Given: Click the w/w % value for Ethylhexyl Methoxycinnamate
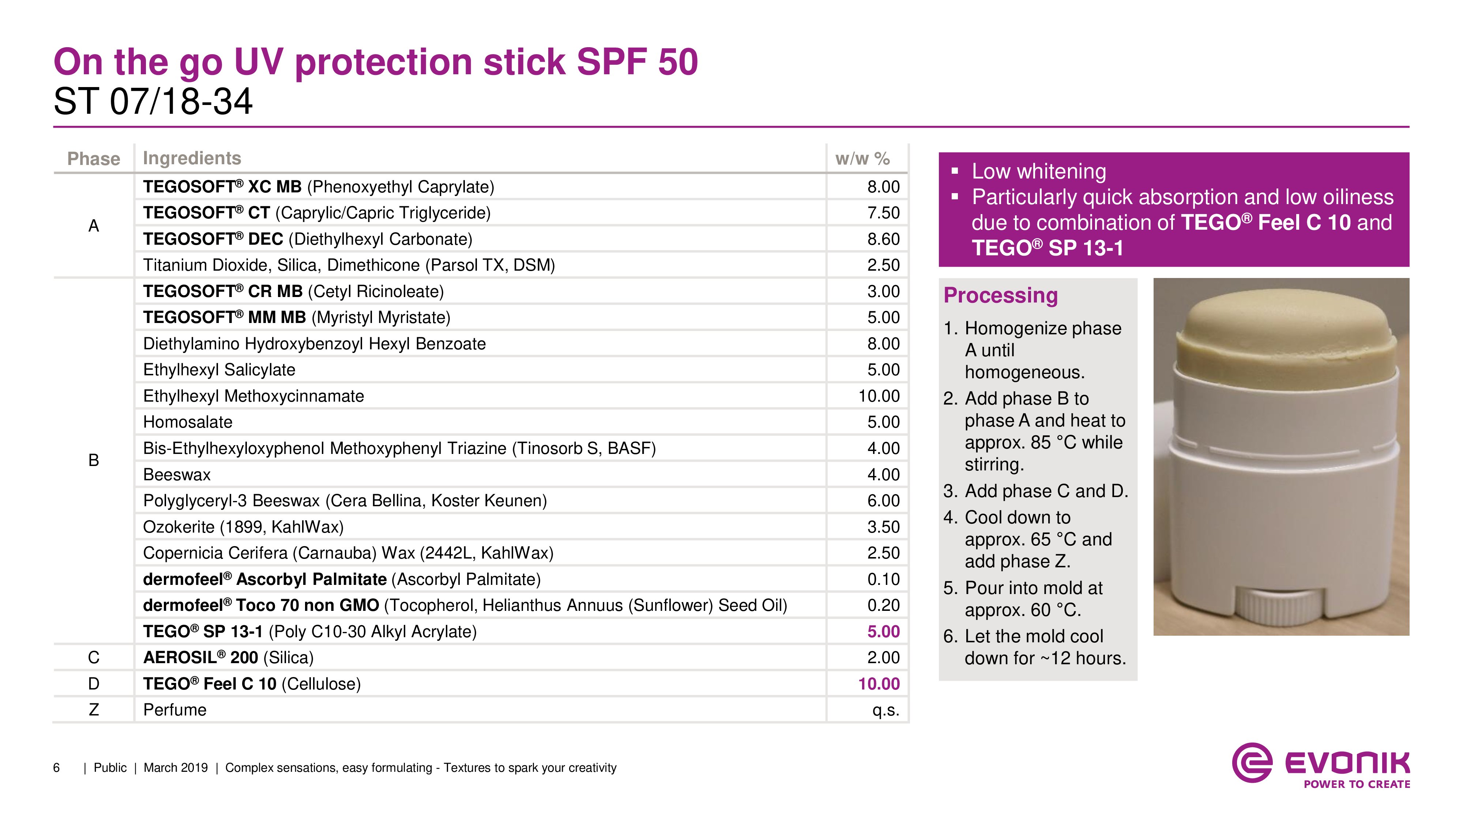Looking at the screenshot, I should click(x=878, y=396).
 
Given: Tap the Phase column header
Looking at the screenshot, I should click(x=94, y=158).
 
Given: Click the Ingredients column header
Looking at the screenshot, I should click(x=192, y=158).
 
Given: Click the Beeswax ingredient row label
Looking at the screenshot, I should click(x=177, y=474).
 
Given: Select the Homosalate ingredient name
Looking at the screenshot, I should click(x=187, y=422).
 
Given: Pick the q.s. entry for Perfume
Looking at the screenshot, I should click(x=885, y=710).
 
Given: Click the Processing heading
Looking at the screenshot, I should click(x=1000, y=295).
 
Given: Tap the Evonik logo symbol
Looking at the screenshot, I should click(x=1252, y=762).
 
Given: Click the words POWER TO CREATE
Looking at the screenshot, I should click(x=1356, y=784).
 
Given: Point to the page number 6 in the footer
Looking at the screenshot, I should click(x=56, y=768).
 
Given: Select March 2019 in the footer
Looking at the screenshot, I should click(x=176, y=768).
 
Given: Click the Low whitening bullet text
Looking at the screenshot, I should click(x=1038, y=171).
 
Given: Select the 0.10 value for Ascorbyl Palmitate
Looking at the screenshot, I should click(x=883, y=579).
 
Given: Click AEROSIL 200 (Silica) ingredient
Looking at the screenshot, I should click(x=228, y=657).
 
